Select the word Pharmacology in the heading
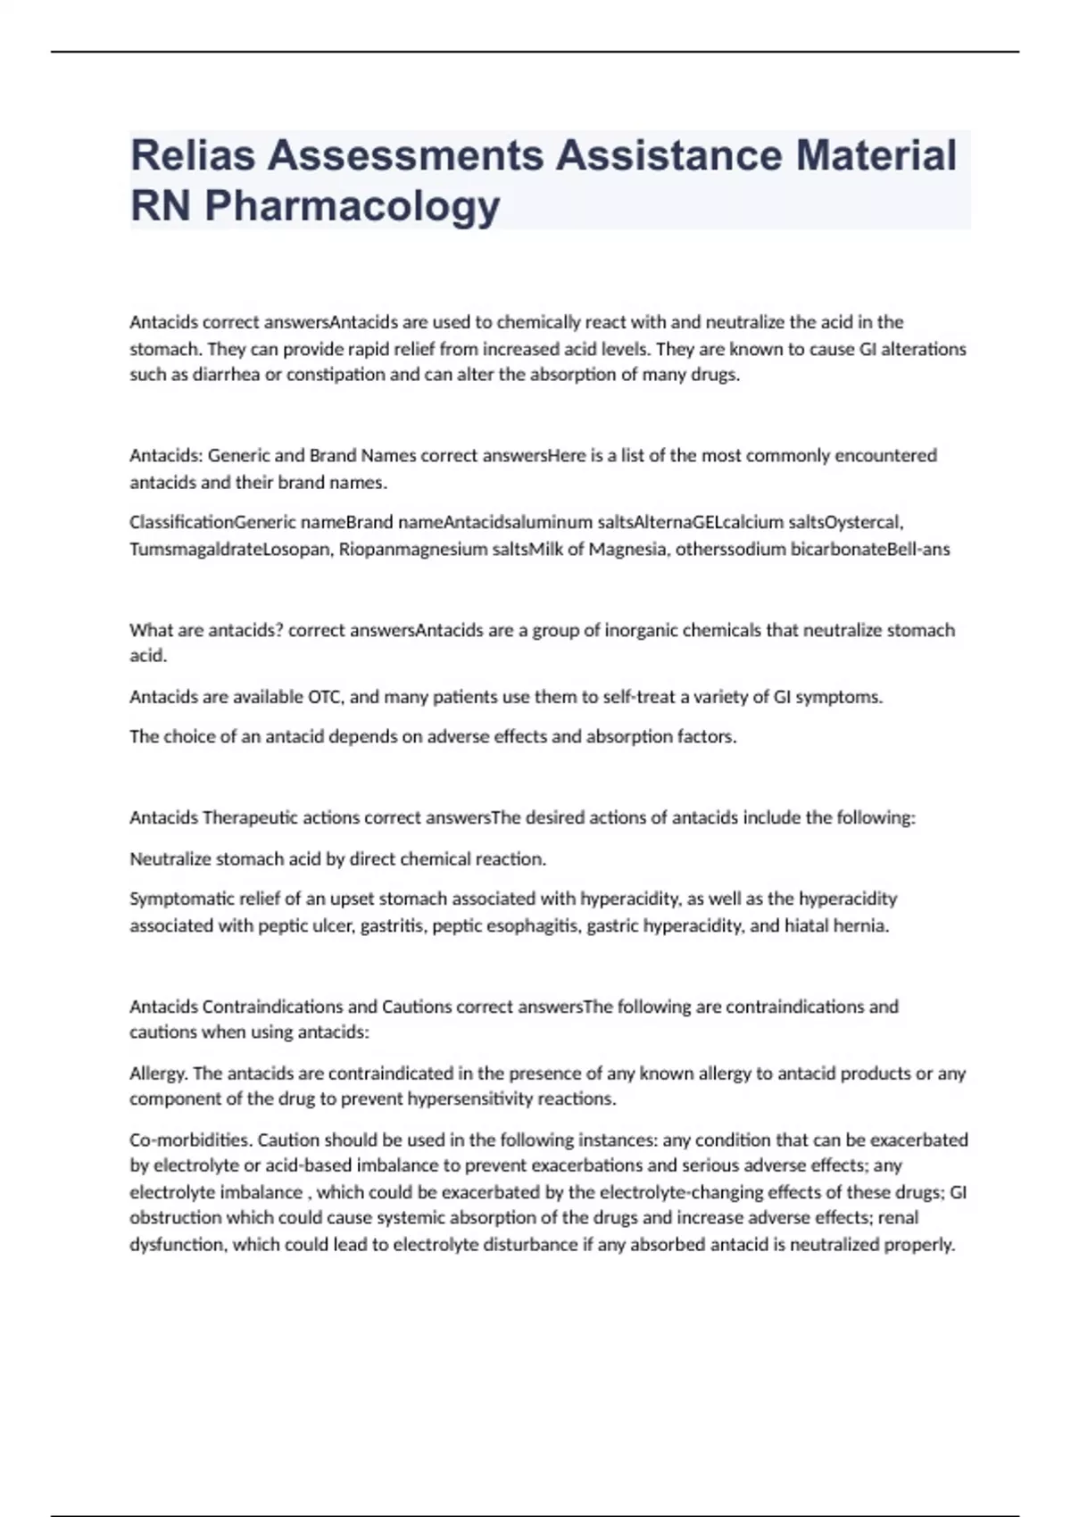point(352,206)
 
